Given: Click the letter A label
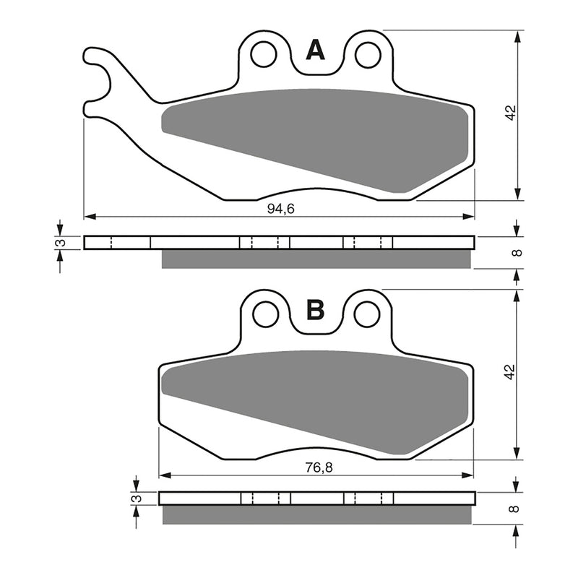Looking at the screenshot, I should pyautogui.click(x=315, y=50).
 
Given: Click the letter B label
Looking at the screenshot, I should pyautogui.click(x=315, y=310).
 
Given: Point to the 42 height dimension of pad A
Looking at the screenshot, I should pyautogui.click(x=510, y=113).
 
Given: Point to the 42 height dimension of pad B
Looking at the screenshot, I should pyautogui.click(x=510, y=372).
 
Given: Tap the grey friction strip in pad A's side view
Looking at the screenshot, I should pyautogui.click(x=316, y=259).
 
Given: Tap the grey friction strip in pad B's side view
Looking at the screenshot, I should pyautogui.click(x=316, y=515).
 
